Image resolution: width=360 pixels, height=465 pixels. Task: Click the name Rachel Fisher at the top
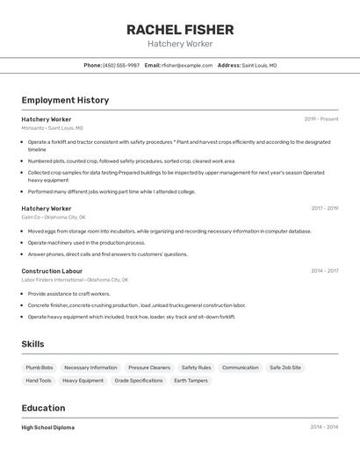pyautogui.click(x=179, y=29)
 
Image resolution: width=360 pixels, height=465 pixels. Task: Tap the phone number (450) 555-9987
pyautogui.click(x=121, y=65)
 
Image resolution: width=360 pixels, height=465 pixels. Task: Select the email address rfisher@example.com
pyautogui.click(x=187, y=65)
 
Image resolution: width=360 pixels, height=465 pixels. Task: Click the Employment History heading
pyautogui.click(x=65, y=100)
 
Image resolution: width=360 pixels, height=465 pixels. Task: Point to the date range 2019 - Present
pyautogui.click(x=321, y=118)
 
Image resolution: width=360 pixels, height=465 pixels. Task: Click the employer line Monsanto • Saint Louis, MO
pyautogui.click(x=52, y=128)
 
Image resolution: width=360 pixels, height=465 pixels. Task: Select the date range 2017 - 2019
pyautogui.click(x=324, y=209)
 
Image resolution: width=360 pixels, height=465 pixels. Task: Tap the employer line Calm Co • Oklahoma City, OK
pyautogui.click(x=54, y=217)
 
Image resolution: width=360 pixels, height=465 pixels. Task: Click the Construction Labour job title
pyautogui.click(x=52, y=271)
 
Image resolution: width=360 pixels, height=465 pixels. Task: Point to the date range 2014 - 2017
pyautogui.click(x=324, y=271)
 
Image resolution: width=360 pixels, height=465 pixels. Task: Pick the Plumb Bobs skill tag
pyautogui.click(x=40, y=368)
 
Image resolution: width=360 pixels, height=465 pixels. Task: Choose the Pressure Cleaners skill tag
pyautogui.click(x=149, y=368)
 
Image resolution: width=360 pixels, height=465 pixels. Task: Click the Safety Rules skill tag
pyautogui.click(x=196, y=368)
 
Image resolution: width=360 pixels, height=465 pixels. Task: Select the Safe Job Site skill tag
pyautogui.click(x=285, y=368)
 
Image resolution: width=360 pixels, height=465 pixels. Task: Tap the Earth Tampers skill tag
pyautogui.click(x=191, y=381)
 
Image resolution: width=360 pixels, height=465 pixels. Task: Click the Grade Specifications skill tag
pyautogui.click(x=139, y=381)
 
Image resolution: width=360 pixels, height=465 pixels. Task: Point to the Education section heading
pyautogui.click(x=43, y=408)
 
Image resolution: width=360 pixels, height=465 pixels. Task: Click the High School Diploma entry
pyautogui.click(x=47, y=427)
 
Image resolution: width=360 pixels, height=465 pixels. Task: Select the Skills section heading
pyautogui.click(x=32, y=344)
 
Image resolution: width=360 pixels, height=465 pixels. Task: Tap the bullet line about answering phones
pyautogui.click(x=107, y=254)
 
